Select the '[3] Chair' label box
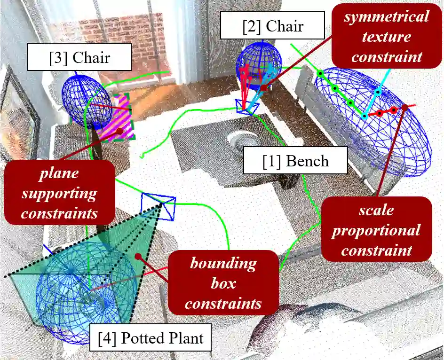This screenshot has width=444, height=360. (x=79, y=58)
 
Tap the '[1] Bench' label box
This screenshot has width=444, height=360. (x=295, y=161)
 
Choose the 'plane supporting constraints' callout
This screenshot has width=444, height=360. (x=59, y=193)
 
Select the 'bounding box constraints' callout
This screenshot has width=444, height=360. (x=223, y=283)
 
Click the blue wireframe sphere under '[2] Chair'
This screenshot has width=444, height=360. (x=259, y=63)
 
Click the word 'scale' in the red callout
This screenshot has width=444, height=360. (x=376, y=210)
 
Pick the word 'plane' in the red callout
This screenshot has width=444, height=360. (x=59, y=172)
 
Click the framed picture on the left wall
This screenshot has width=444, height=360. (x=19, y=113)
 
